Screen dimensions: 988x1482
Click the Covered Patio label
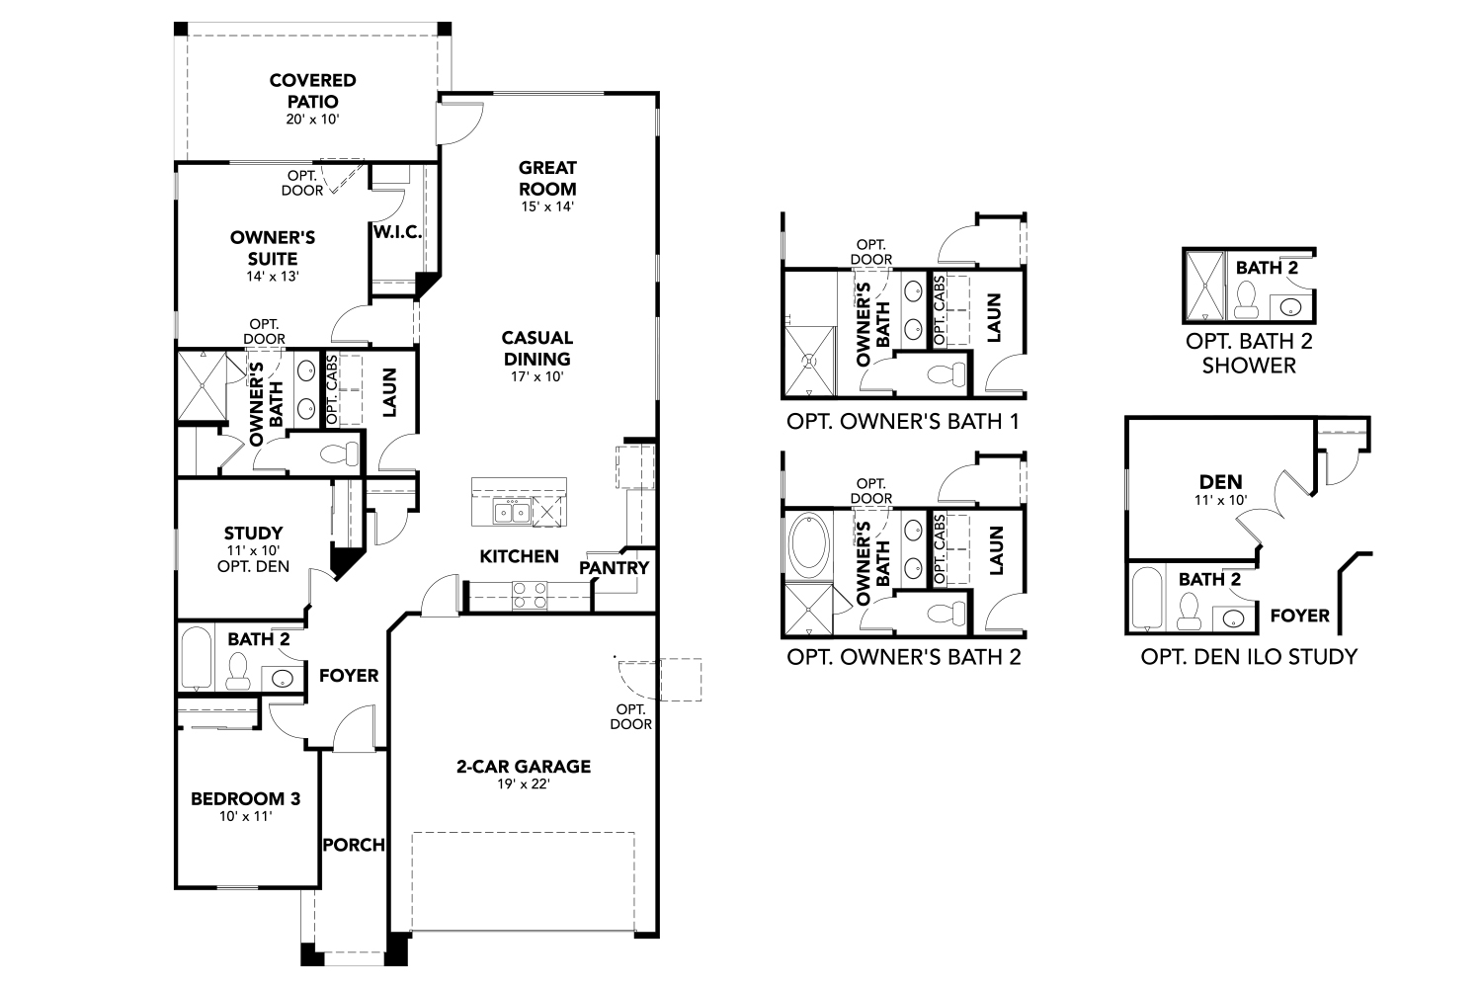point(312,90)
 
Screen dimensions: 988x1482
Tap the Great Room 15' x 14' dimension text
point(547,207)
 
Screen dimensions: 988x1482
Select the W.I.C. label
point(398,232)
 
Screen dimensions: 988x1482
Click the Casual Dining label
point(537,348)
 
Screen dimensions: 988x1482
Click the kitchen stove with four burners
point(530,594)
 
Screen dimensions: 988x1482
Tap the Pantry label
point(614,568)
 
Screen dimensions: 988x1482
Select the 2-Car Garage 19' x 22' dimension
point(523,784)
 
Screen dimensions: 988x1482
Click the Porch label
point(354,845)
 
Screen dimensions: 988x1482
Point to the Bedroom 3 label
point(245,798)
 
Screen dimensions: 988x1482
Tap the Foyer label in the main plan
point(349,676)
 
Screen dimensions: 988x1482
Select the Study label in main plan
point(253,533)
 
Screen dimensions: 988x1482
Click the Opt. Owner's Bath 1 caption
point(902,421)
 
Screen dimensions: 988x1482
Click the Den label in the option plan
point(1221,482)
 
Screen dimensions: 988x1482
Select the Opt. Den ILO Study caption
point(1249,656)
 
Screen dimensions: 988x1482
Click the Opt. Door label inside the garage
point(631,716)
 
